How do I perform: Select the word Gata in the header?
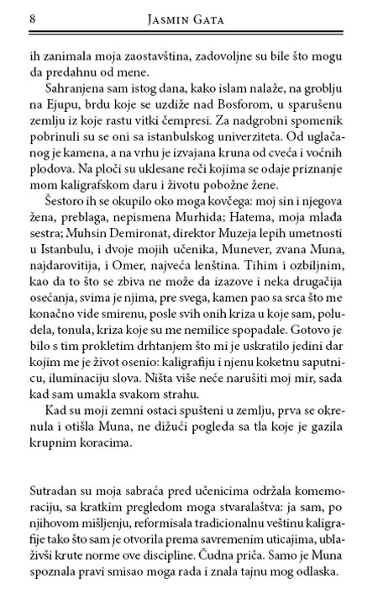(x=216, y=19)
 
